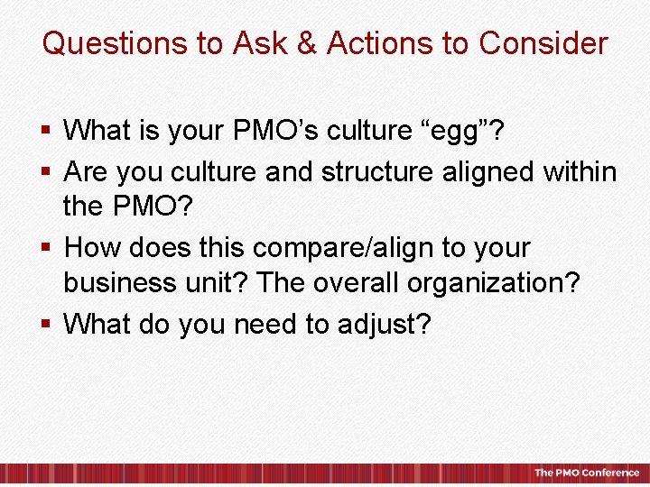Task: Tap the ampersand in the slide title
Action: [x=307, y=43]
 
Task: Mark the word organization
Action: [x=492, y=284]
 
